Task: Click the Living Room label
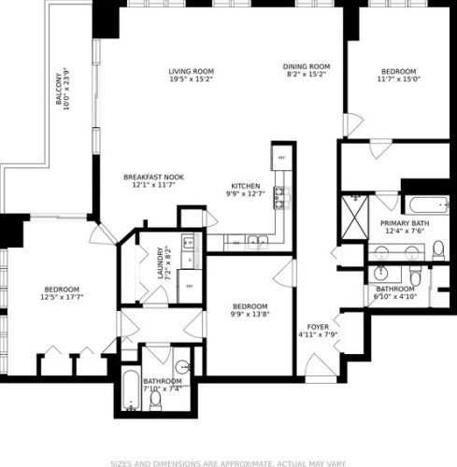click(x=192, y=71)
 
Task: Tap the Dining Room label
click(x=307, y=66)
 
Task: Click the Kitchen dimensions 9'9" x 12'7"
click(x=246, y=193)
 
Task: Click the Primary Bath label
click(x=404, y=224)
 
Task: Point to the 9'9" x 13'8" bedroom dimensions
click(x=250, y=316)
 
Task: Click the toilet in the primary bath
click(x=436, y=248)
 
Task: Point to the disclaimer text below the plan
click(x=228, y=461)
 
